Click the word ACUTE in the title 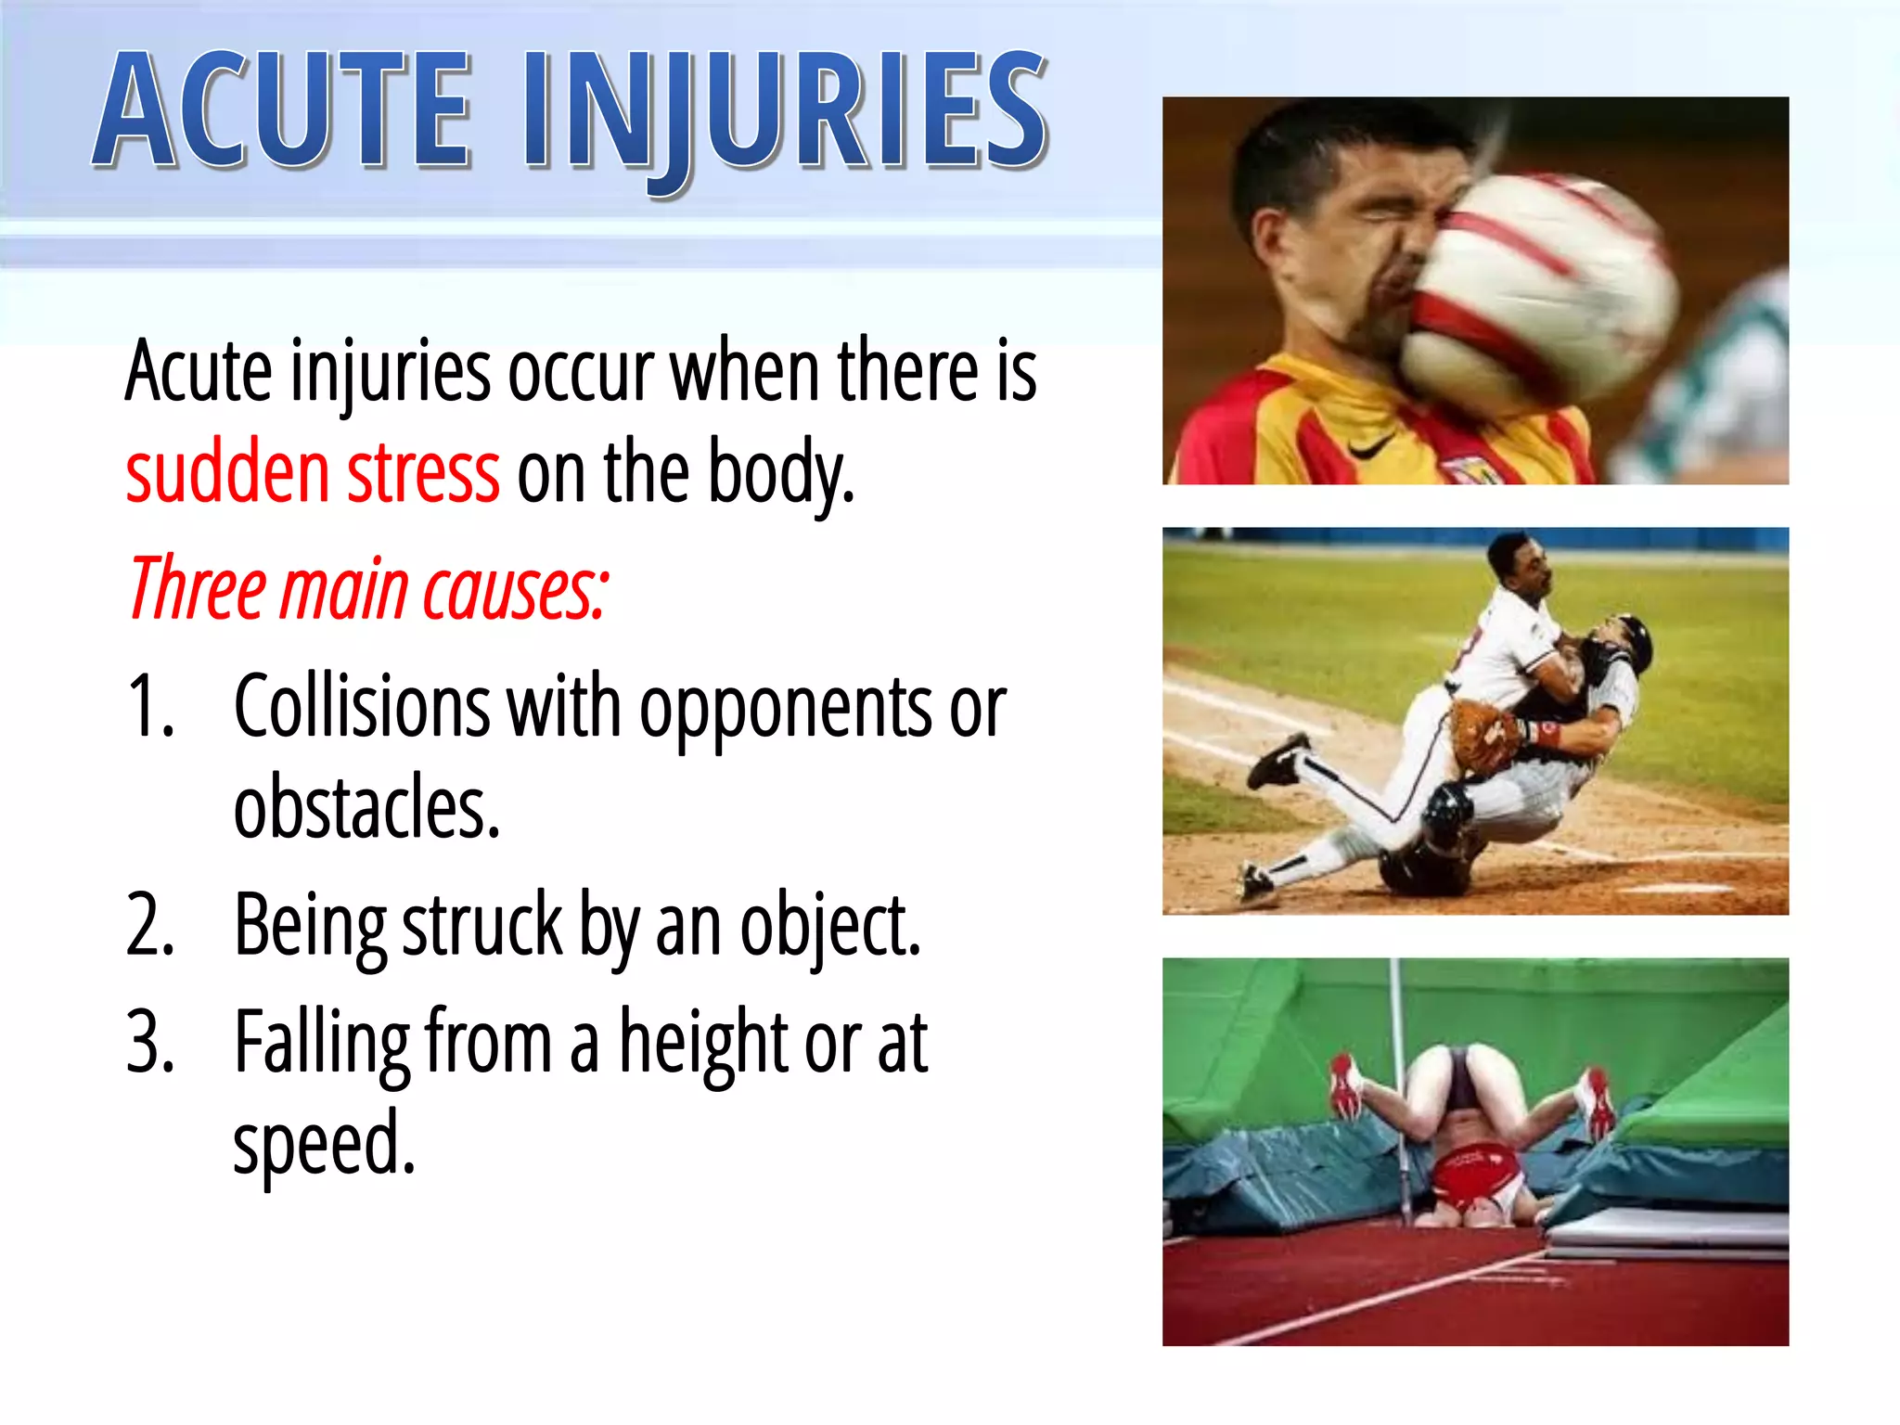[283, 111]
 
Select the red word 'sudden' [227, 473]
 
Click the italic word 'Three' [198, 589]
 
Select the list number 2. [150, 926]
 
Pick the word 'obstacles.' [366, 807]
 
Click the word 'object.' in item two [829, 926]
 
